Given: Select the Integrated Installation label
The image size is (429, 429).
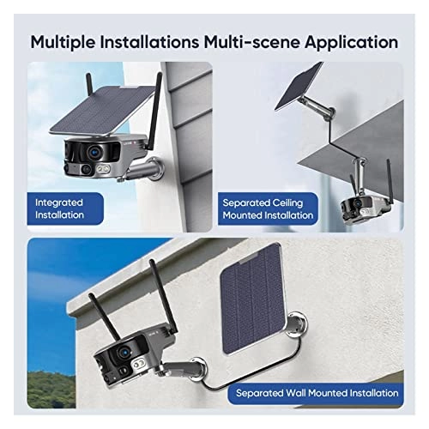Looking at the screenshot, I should [60, 208].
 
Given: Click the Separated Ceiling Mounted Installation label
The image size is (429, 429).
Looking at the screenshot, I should [268, 208].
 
